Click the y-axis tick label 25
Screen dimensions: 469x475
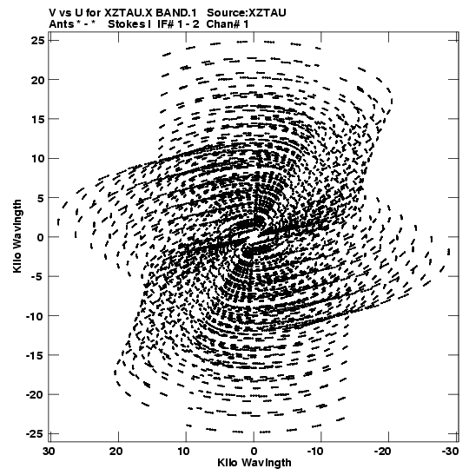38,41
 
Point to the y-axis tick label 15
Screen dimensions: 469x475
38,119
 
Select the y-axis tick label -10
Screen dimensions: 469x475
35,316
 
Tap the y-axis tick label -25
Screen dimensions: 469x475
35,434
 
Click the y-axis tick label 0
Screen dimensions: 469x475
41,238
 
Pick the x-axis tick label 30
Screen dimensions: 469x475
50,452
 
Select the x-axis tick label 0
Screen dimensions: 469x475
254,452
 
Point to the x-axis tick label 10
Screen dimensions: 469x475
183,452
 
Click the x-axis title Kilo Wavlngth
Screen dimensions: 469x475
254,463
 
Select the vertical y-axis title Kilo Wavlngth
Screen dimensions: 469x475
17,236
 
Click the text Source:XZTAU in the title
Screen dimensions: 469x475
247,13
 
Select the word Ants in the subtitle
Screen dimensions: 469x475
61,24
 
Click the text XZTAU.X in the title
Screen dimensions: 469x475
129,13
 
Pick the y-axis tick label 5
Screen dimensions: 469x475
41,198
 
